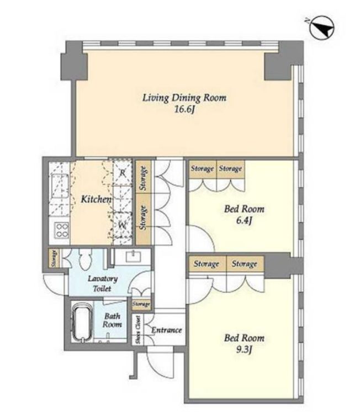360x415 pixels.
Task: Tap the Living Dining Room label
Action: tap(184, 98)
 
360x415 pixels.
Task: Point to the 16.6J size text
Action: tap(184, 110)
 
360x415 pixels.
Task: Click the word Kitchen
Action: tap(96, 199)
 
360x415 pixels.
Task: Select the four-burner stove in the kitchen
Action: tap(61, 230)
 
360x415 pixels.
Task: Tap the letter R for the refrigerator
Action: tap(122, 173)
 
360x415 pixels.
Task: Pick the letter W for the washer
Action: tap(122, 225)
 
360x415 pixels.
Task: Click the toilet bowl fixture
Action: tap(85, 260)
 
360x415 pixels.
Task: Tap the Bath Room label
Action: tap(112, 320)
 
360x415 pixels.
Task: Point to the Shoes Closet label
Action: tap(137, 330)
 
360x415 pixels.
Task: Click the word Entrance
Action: tap(166, 330)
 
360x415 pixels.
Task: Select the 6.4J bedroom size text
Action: tap(244, 221)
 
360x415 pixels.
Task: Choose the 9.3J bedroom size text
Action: tap(244, 350)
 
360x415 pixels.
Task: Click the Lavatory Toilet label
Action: tap(103, 284)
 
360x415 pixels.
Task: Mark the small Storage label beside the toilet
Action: tap(54, 258)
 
